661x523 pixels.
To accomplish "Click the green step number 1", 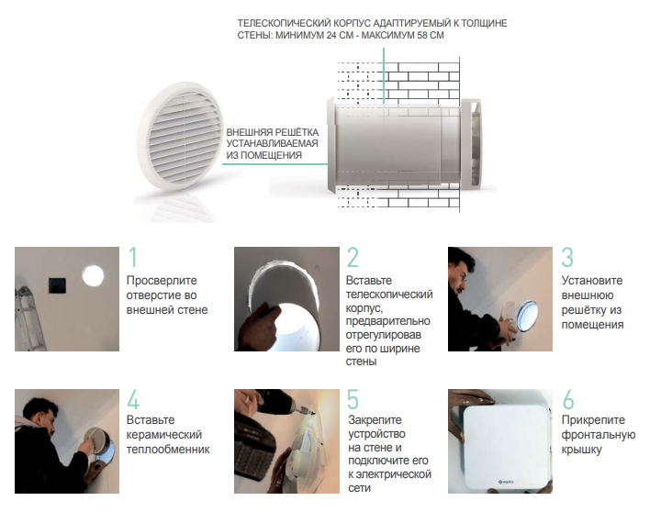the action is [x=133, y=257].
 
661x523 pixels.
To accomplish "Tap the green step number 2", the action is [x=353, y=257].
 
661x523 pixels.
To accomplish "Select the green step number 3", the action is [x=567, y=257].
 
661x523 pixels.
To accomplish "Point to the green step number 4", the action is [x=133, y=399].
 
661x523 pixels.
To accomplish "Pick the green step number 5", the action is [x=353, y=399].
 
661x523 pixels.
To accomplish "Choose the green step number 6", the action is [x=568, y=399].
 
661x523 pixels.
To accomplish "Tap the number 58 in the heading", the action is [x=422, y=36].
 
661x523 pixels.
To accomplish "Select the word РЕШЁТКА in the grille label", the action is [x=297, y=132].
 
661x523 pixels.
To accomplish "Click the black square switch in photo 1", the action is [x=57, y=285].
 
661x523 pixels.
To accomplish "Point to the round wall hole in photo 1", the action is [x=93, y=275].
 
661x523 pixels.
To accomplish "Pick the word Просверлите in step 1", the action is [x=162, y=281].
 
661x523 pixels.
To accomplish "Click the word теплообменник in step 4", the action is [x=168, y=450].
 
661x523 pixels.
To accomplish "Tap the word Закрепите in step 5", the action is [x=375, y=420].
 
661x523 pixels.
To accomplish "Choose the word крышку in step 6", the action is [x=581, y=451].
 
